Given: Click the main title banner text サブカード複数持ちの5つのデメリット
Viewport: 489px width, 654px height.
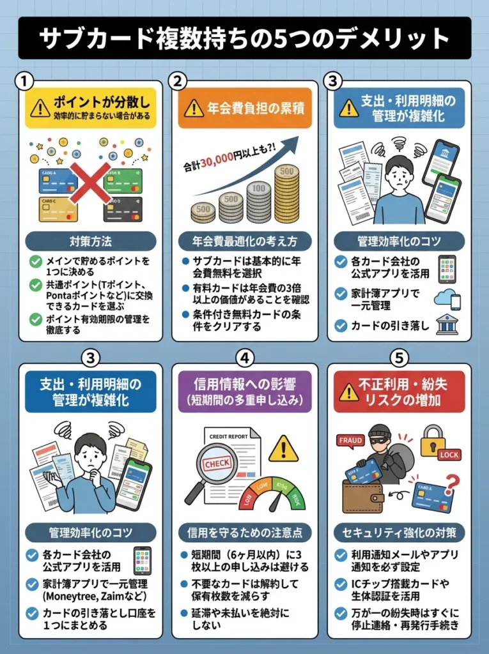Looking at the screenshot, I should tap(244, 38).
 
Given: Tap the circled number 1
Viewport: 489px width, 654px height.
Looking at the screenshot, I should tap(24, 82).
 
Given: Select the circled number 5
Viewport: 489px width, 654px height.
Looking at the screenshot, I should tap(399, 359).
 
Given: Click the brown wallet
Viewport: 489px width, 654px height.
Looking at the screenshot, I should tap(362, 496).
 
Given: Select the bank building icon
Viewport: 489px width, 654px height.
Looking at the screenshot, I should tap(447, 324).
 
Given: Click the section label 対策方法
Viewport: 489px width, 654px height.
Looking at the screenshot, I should tap(90, 242).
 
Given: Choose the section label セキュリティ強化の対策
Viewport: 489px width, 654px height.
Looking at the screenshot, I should tap(399, 531).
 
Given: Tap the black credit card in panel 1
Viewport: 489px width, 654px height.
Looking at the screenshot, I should tap(123, 209).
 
